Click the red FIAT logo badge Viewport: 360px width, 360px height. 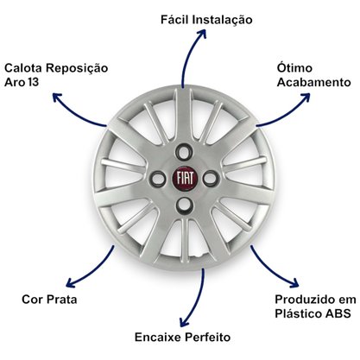click(x=185, y=178)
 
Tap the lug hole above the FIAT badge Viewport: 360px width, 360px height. click(x=184, y=152)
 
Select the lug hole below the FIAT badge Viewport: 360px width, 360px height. click(x=184, y=205)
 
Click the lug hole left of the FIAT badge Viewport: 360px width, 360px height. click(x=158, y=179)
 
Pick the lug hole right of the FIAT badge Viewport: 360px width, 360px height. click(x=211, y=179)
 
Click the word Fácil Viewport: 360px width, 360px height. click(x=174, y=20)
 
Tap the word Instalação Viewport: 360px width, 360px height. click(x=222, y=20)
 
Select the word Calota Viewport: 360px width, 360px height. click(x=23, y=68)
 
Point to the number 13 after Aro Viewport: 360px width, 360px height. click(x=34, y=82)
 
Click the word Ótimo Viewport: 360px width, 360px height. click(x=294, y=67)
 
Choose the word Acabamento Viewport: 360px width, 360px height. click(x=314, y=82)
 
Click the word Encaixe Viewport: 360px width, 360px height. click(x=158, y=337)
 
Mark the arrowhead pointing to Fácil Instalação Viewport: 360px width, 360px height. click(x=201, y=34)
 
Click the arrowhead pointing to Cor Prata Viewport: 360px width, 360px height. click(x=71, y=282)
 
